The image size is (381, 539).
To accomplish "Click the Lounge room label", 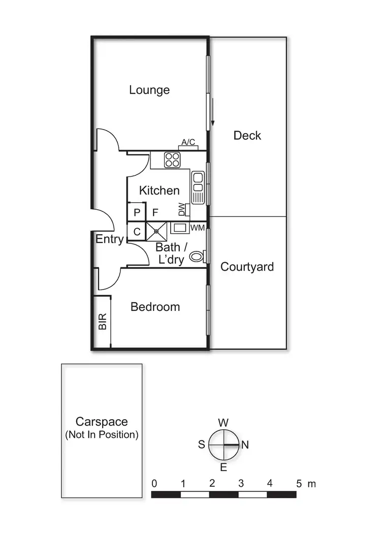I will [x=149, y=90].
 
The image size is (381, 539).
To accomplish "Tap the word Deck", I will [x=247, y=136].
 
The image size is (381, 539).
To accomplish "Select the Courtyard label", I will [x=247, y=267].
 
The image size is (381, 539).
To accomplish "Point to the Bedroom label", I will [x=155, y=307].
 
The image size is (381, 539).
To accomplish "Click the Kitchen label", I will [x=160, y=191].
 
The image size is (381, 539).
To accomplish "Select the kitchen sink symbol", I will [x=197, y=186].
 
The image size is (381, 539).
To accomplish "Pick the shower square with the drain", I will [x=156, y=231].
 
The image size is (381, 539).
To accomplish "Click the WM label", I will [x=198, y=228].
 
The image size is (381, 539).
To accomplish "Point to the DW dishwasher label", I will [x=182, y=209].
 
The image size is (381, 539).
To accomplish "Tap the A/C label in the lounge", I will [x=188, y=142].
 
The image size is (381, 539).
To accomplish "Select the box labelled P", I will [x=137, y=212].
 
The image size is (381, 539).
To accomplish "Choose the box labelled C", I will [x=137, y=232].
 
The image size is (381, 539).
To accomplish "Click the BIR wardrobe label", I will [x=103, y=322].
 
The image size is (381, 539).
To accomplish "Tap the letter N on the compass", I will [x=244, y=445].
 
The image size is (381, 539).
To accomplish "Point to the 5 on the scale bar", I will [x=299, y=484].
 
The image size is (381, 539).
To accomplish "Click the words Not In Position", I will [x=102, y=435].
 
